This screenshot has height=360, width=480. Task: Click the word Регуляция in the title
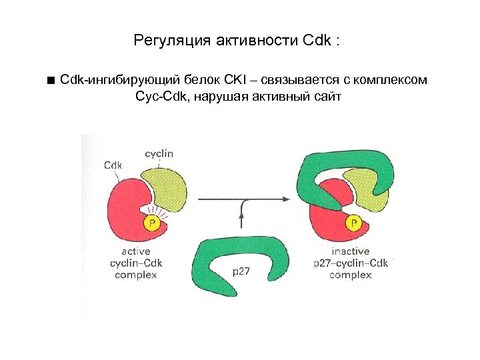click(x=171, y=41)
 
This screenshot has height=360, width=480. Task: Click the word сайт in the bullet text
click(x=327, y=97)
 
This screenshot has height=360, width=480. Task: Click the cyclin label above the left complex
click(x=159, y=153)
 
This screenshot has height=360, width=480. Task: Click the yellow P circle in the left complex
click(x=153, y=223)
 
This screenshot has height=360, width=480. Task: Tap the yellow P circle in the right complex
click(x=353, y=223)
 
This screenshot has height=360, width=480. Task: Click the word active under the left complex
click(x=136, y=251)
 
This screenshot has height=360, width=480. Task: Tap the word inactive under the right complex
click(x=350, y=251)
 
